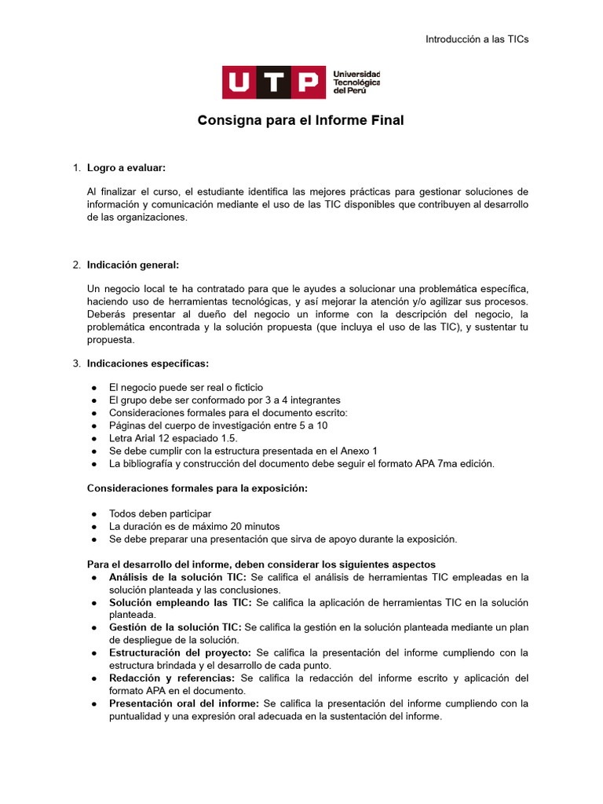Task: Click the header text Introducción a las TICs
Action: click(x=477, y=39)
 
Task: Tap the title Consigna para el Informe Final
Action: click(x=301, y=121)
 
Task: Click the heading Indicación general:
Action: click(x=133, y=265)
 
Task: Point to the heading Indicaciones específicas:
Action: click(x=148, y=364)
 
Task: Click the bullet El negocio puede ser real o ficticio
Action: click(x=186, y=387)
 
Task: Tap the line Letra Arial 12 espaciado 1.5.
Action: click(x=173, y=438)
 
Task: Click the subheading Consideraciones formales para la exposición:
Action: click(x=197, y=489)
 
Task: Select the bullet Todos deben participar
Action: click(x=160, y=513)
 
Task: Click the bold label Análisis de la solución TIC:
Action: click(x=177, y=577)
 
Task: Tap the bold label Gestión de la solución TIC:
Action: click(x=176, y=627)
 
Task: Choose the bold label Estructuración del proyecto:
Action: click(x=181, y=652)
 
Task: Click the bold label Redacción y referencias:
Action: click(x=172, y=678)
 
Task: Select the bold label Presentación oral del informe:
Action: click(x=185, y=703)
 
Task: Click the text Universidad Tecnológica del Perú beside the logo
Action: click(x=356, y=82)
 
